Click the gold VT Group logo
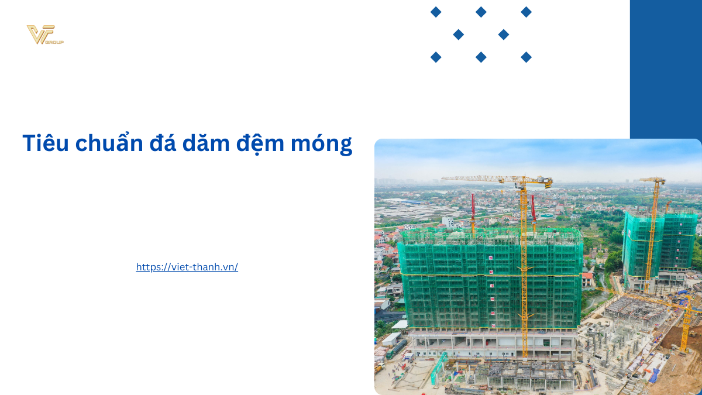(44, 35)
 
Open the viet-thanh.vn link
(187, 267)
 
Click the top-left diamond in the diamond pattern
(436, 12)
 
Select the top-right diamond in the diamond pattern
(526, 12)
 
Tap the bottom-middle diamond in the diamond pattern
(481, 57)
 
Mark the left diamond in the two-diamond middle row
(459, 35)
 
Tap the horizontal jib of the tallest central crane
(480, 178)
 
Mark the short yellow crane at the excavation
(686, 322)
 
